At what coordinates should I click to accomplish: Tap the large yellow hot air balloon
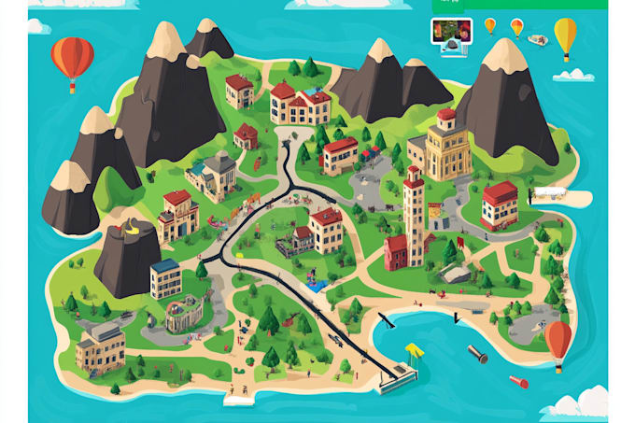point(565,35)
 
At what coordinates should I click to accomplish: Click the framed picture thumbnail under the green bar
point(450,31)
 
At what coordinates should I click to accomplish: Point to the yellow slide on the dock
point(413,351)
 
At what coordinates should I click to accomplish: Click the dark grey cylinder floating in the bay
point(476,354)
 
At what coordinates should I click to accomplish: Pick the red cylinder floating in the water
point(518,381)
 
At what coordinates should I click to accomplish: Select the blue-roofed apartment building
point(166,278)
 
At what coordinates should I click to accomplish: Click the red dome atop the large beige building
point(446,116)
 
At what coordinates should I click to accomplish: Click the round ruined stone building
point(183,313)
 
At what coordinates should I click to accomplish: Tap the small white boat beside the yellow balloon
point(536,39)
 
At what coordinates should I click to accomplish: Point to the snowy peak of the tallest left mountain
point(166,40)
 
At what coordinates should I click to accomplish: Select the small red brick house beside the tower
point(396,251)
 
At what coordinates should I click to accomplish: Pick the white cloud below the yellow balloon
point(573,74)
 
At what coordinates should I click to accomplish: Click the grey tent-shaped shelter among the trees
point(455,273)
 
